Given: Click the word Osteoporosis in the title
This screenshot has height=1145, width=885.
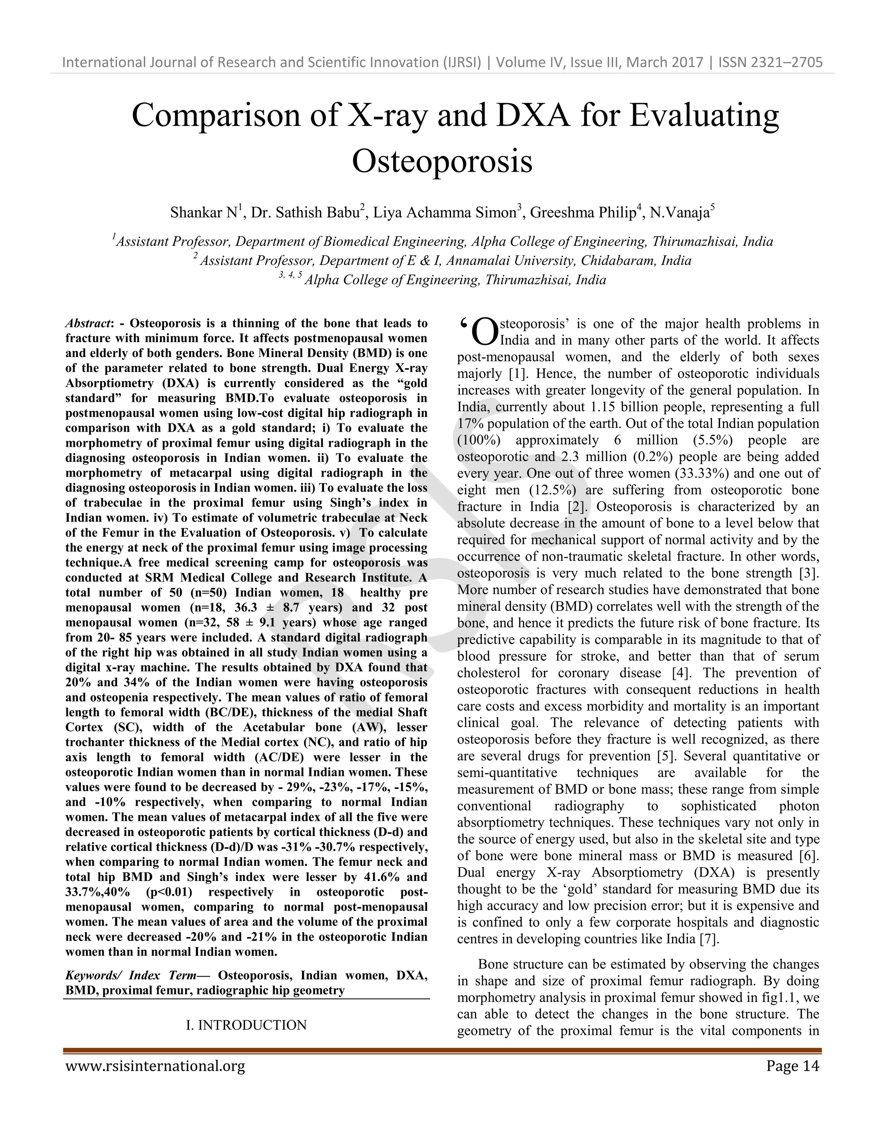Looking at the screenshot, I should tap(442, 161).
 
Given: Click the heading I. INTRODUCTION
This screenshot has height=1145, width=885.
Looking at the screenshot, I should tap(246, 1025).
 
